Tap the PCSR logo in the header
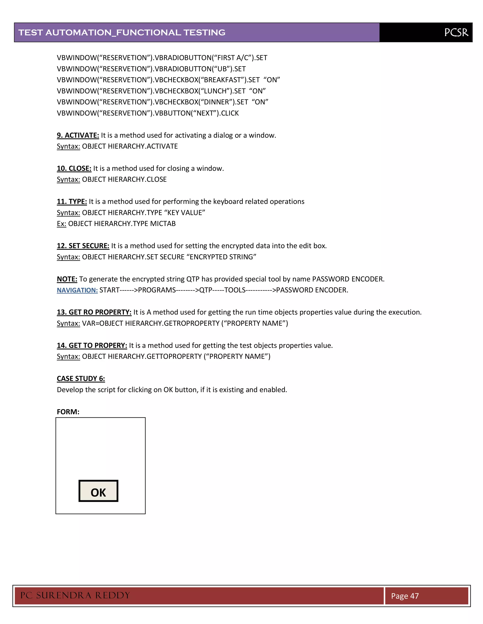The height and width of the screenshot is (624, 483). (x=456, y=32)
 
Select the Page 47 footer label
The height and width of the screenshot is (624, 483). (x=405, y=596)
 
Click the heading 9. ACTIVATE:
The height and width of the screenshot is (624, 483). (x=78, y=135)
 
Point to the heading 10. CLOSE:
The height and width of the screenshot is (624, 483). (x=74, y=168)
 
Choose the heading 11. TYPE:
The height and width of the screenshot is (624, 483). (x=72, y=201)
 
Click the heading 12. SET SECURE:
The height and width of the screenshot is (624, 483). (x=83, y=246)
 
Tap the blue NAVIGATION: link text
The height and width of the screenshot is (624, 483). (x=77, y=290)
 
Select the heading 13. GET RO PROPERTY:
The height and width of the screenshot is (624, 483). (x=94, y=312)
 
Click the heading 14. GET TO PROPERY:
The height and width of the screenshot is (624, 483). (x=92, y=345)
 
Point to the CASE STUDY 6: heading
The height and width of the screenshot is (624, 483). (x=81, y=379)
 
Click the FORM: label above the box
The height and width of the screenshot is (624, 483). (x=68, y=412)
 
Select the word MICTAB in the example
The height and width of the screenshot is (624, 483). (x=163, y=223)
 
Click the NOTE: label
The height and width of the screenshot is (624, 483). (x=67, y=279)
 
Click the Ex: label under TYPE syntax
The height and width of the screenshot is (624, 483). (x=62, y=223)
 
